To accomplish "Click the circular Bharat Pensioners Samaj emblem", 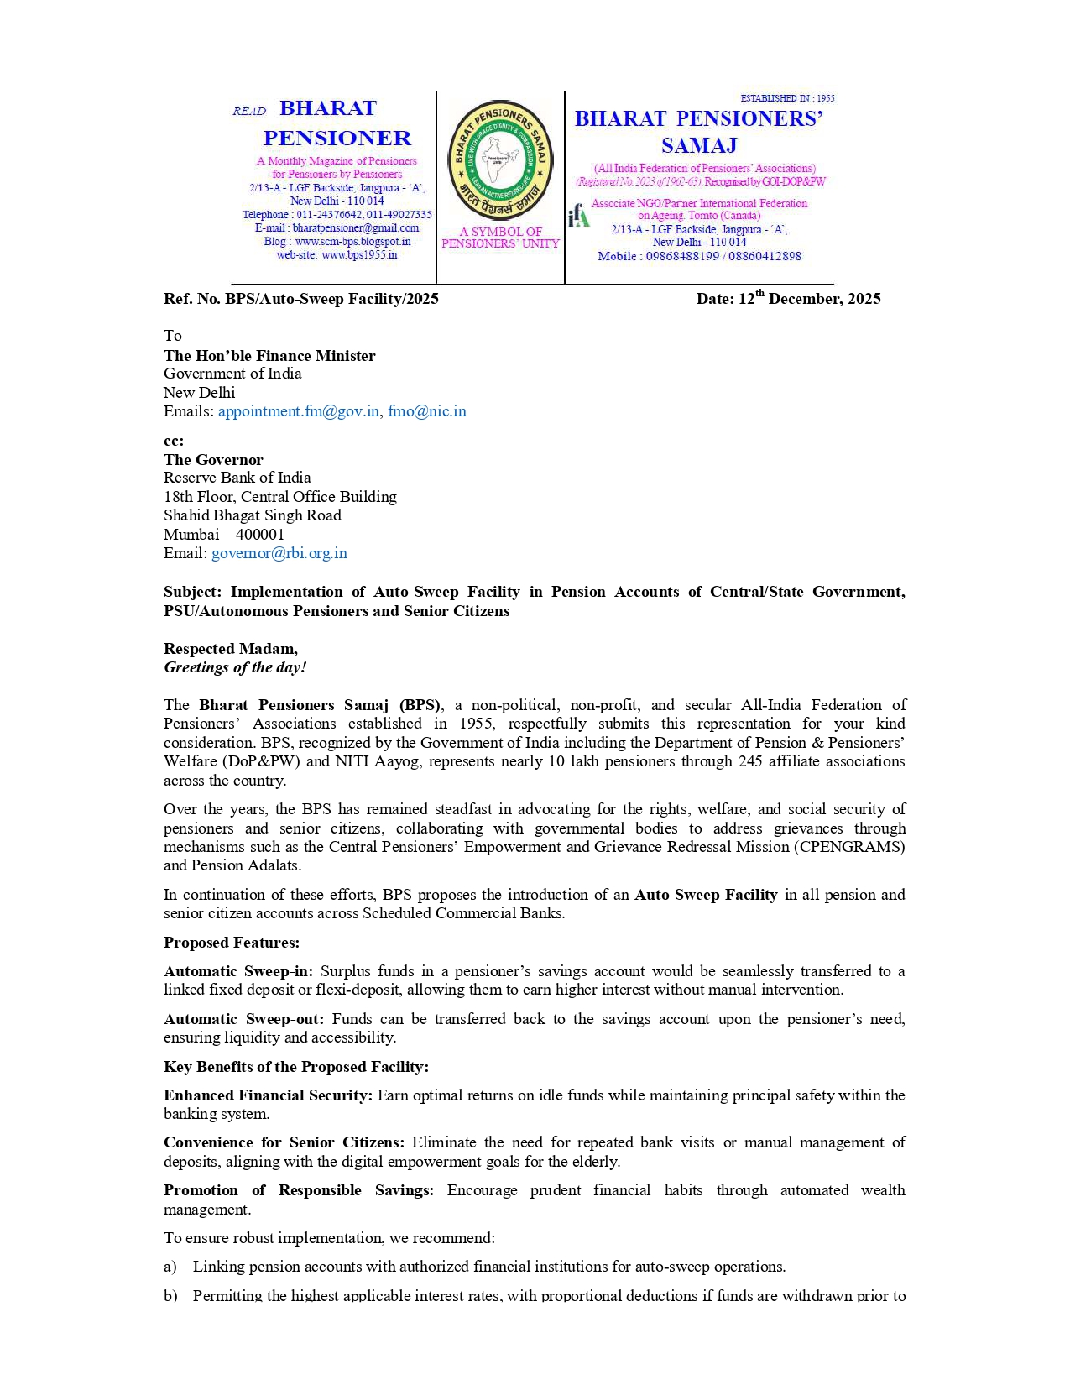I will click(x=501, y=160).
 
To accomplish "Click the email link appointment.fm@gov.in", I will click(x=299, y=411).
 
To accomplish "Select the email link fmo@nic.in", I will click(x=426, y=411).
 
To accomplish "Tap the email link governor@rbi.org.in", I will click(x=279, y=553).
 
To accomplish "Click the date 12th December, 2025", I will click(x=788, y=299).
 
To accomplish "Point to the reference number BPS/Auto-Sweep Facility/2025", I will click(x=331, y=299).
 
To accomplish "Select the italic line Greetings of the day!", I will click(x=235, y=667).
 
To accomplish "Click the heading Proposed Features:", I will click(x=232, y=943).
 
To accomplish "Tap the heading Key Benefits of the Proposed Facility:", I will click(x=296, y=1067).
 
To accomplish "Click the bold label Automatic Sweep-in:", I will click(x=238, y=971).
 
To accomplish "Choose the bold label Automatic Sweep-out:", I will click(x=243, y=1019).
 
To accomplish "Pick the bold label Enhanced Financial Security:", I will click(x=268, y=1095).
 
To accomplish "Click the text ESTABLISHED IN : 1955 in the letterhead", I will click(x=787, y=98).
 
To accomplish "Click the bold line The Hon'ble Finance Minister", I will click(x=269, y=356).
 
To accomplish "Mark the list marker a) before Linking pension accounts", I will click(x=170, y=1267).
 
